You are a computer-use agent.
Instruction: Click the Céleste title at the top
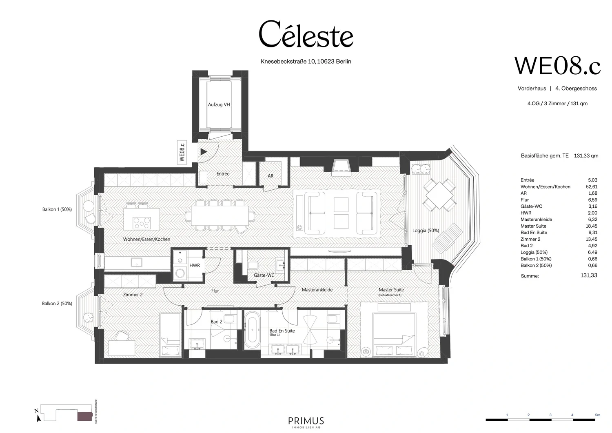point(306,34)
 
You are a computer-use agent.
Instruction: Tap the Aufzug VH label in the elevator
point(219,105)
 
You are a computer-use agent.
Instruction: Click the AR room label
point(271,176)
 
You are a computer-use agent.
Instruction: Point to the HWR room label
point(195,266)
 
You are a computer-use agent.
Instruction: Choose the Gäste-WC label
point(264,275)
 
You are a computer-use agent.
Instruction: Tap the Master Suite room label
point(391,290)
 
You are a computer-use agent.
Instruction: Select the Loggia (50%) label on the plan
point(426,231)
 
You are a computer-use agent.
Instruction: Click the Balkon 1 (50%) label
point(57,209)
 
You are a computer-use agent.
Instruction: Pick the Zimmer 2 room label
point(133,294)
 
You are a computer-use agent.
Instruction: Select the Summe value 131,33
point(588,275)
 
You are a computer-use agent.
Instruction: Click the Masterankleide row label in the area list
point(536,220)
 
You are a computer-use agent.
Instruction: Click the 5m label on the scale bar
point(597,415)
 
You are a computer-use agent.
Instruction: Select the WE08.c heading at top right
point(557,66)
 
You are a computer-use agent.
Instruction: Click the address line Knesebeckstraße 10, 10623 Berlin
point(306,62)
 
